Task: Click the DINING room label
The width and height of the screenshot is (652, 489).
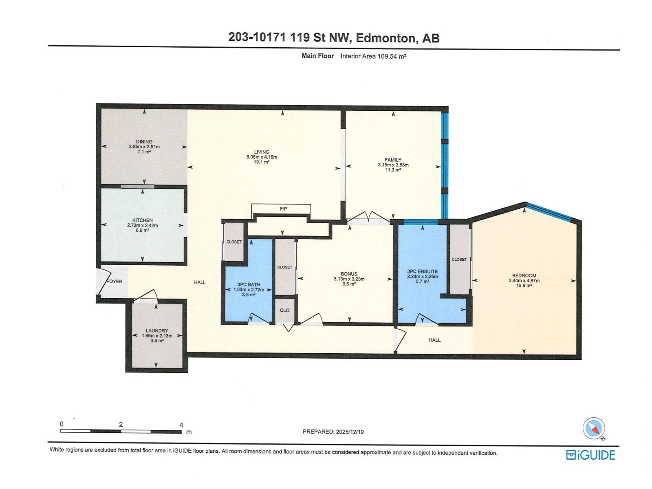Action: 144,142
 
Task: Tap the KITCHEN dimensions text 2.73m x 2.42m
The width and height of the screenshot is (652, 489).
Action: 142,225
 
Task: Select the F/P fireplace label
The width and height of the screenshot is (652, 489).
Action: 283,209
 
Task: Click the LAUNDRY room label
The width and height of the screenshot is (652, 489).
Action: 157,331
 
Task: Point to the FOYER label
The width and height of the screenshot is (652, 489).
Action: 115,282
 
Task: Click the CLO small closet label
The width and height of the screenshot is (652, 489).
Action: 284,311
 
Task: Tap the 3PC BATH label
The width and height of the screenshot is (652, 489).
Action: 249,285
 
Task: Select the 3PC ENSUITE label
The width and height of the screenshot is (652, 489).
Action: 422,271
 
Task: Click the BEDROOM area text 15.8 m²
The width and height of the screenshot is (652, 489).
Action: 524,286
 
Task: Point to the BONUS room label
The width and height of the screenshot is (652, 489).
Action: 349,274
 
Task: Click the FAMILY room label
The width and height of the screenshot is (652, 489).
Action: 393,160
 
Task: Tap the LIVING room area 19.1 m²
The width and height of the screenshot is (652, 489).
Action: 262,162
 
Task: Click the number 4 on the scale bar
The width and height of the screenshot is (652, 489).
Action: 181,425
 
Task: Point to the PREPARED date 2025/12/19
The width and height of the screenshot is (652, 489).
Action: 348,432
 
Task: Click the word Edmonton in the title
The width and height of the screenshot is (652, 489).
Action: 386,38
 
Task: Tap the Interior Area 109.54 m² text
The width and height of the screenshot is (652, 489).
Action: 373,56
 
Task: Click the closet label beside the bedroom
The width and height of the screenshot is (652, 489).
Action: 459,260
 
